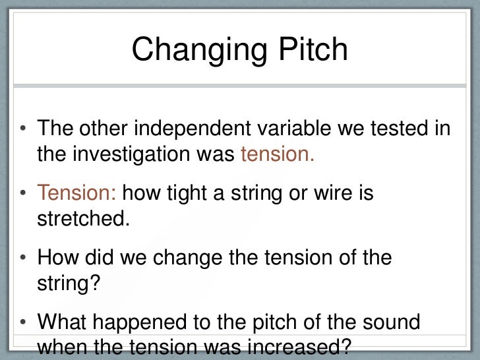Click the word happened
click(146, 323)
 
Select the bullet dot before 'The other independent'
click(23, 129)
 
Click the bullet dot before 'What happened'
click(23, 324)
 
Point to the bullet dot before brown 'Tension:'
click(23, 195)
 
